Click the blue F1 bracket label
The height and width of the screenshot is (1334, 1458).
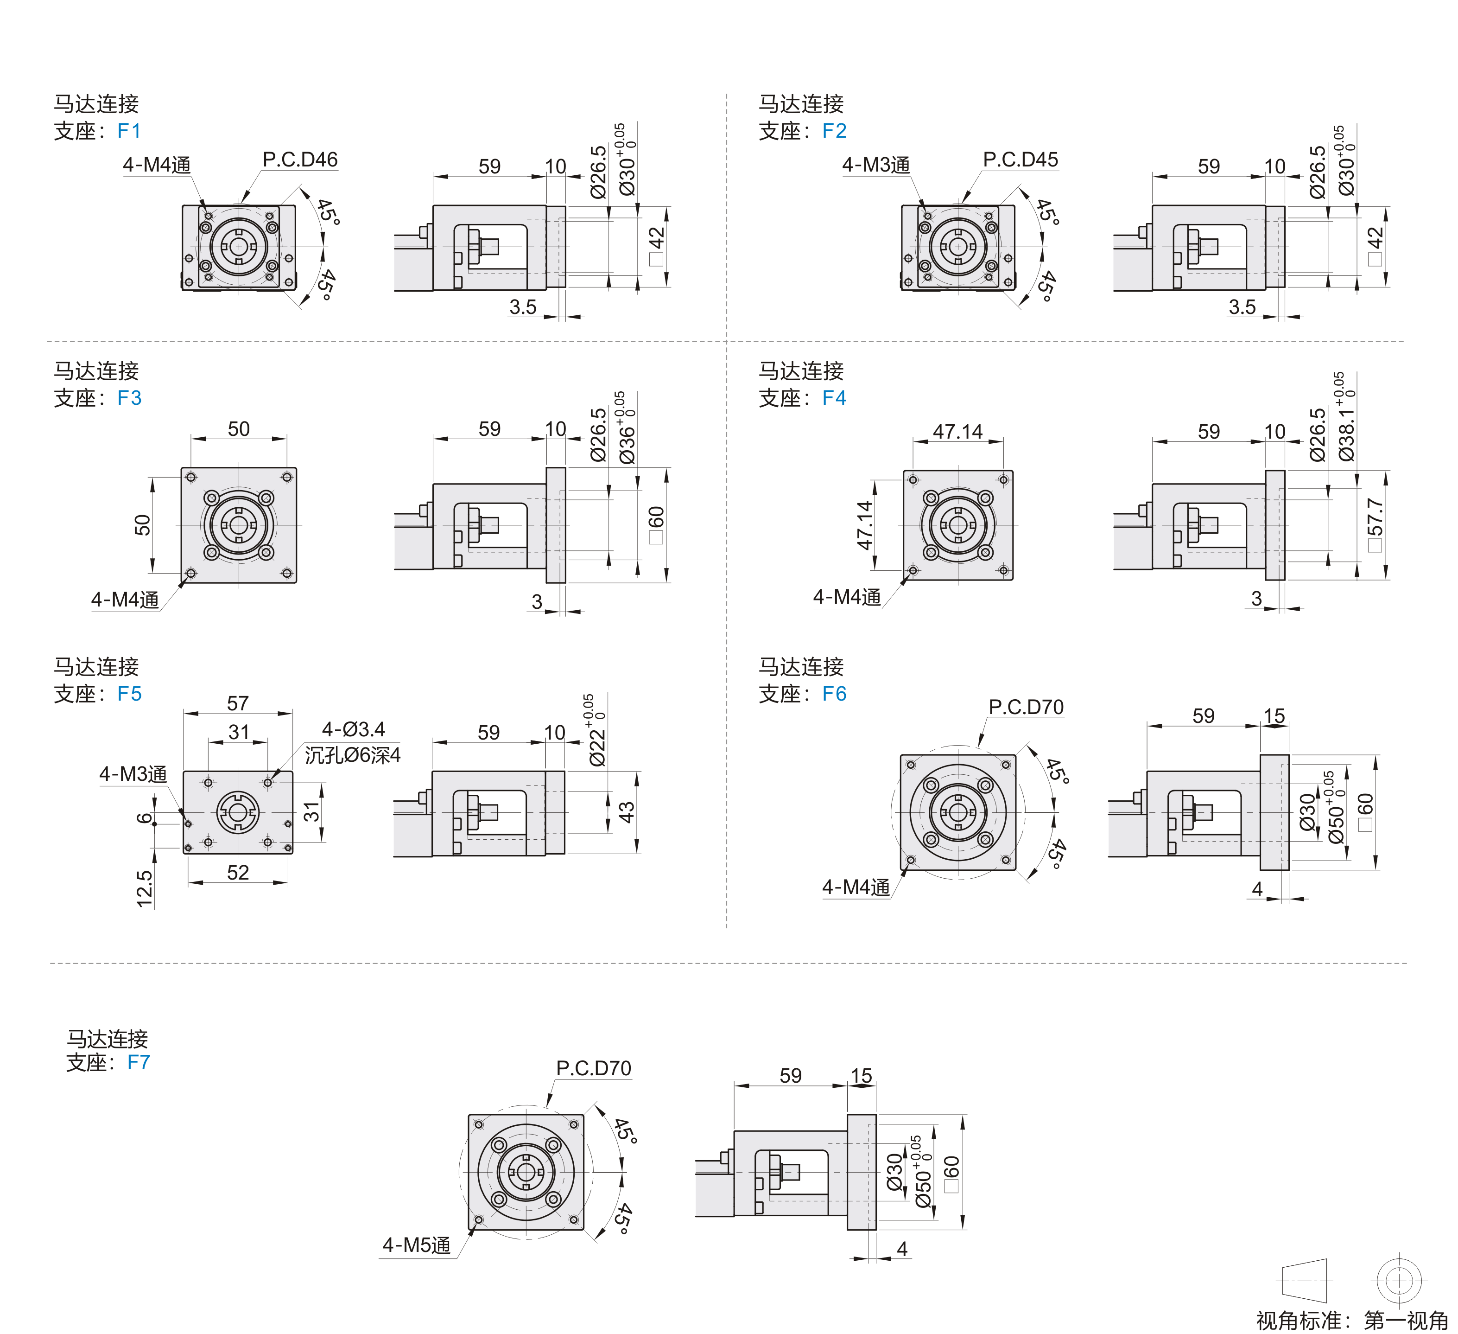129,131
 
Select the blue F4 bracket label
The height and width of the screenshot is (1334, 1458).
834,398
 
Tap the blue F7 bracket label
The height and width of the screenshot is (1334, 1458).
138,1062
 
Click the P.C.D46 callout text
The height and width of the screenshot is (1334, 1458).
300,160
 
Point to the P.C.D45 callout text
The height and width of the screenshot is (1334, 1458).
1021,160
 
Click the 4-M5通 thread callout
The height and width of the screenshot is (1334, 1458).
417,1245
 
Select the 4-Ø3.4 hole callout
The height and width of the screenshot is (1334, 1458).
353,729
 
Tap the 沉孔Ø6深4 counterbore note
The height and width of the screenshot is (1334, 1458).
352,755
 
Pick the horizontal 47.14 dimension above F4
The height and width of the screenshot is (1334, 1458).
957,432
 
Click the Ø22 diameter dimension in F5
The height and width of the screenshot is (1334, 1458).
596,738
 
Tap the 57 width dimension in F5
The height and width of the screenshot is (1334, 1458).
238,703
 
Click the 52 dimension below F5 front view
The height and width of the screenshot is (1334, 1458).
238,873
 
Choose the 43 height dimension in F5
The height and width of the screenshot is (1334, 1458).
626,812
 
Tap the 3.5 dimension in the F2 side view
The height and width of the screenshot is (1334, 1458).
1242,307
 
